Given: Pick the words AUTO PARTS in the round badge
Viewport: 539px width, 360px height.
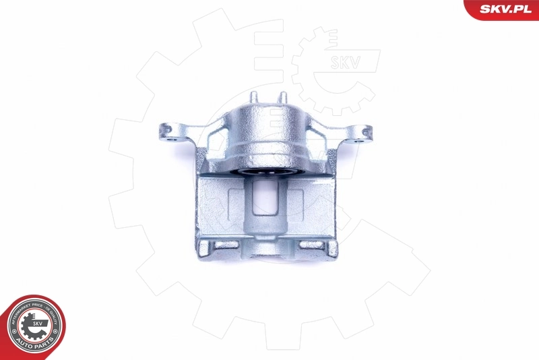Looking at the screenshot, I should (35, 345).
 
